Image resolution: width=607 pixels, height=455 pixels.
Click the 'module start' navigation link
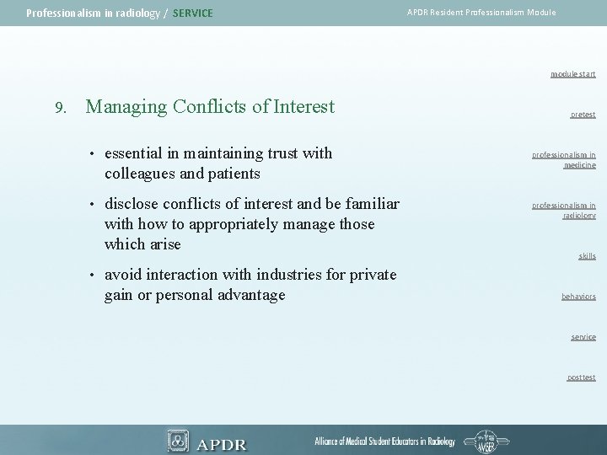[x=572, y=74]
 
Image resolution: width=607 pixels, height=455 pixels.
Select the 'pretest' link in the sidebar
[x=582, y=115]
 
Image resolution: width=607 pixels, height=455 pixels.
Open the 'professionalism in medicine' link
[x=563, y=160]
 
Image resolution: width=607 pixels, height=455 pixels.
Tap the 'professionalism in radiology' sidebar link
[x=563, y=210]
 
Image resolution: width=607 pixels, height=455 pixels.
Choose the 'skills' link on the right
[x=586, y=256]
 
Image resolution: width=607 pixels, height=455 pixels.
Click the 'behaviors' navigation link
[x=578, y=297]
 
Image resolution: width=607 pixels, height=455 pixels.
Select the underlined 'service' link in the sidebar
[x=583, y=337]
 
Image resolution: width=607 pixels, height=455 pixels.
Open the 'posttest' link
[x=581, y=377]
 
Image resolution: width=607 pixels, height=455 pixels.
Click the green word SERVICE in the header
[x=192, y=13]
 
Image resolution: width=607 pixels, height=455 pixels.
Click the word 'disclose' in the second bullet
[x=132, y=204]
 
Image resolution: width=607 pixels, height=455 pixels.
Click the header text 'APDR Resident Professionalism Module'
[x=481, y=13]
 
